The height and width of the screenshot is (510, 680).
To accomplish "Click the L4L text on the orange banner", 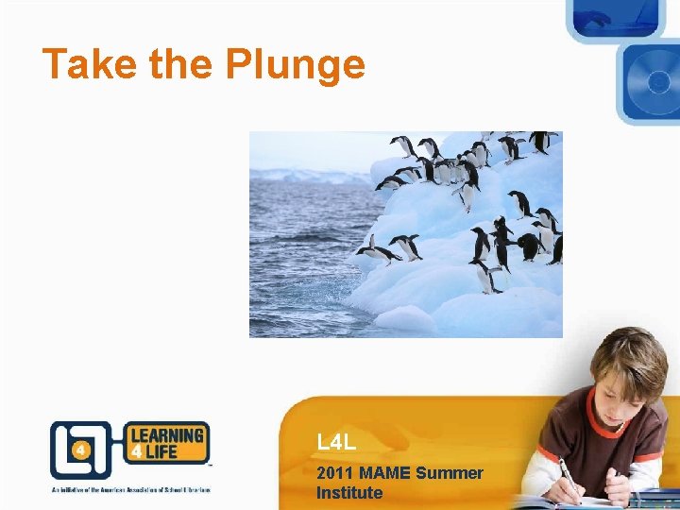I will [335, 442].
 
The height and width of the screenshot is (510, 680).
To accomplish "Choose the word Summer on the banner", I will [450, 473].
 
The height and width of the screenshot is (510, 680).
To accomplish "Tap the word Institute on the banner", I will [349, 493].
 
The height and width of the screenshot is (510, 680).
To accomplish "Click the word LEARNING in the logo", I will [166, 435].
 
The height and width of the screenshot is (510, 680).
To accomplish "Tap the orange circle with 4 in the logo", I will [81, 450].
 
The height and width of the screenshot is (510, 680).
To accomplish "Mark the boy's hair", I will [634, 354].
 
